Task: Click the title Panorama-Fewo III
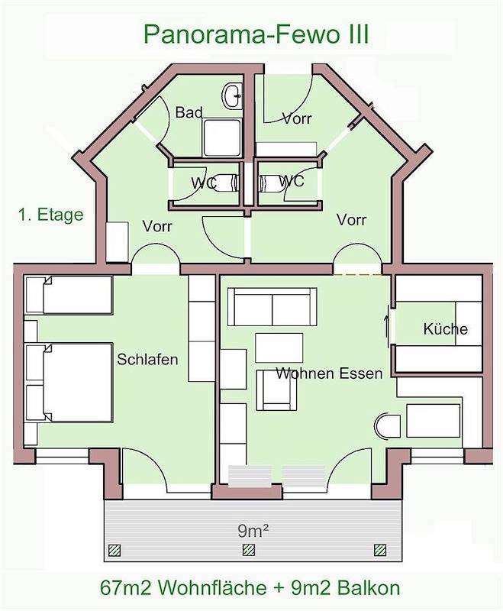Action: click(256, 34)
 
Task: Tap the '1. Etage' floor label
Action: click(50, 215)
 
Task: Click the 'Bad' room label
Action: click(189, 113)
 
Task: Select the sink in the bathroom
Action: click(232, 96)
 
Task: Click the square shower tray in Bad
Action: click(222, 138)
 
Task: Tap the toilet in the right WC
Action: click(272, 183)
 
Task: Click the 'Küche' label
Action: click(445, 329)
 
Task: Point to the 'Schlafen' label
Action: click(147, 359)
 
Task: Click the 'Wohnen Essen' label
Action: click(329, 374)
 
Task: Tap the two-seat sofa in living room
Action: click(272, 307)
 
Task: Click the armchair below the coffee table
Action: click(277, 391)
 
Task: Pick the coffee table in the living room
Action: click(279, 348)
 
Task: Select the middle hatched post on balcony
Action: click(247, 550)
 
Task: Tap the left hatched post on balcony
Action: click(115, 550)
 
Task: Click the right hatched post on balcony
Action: click(379, 550)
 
